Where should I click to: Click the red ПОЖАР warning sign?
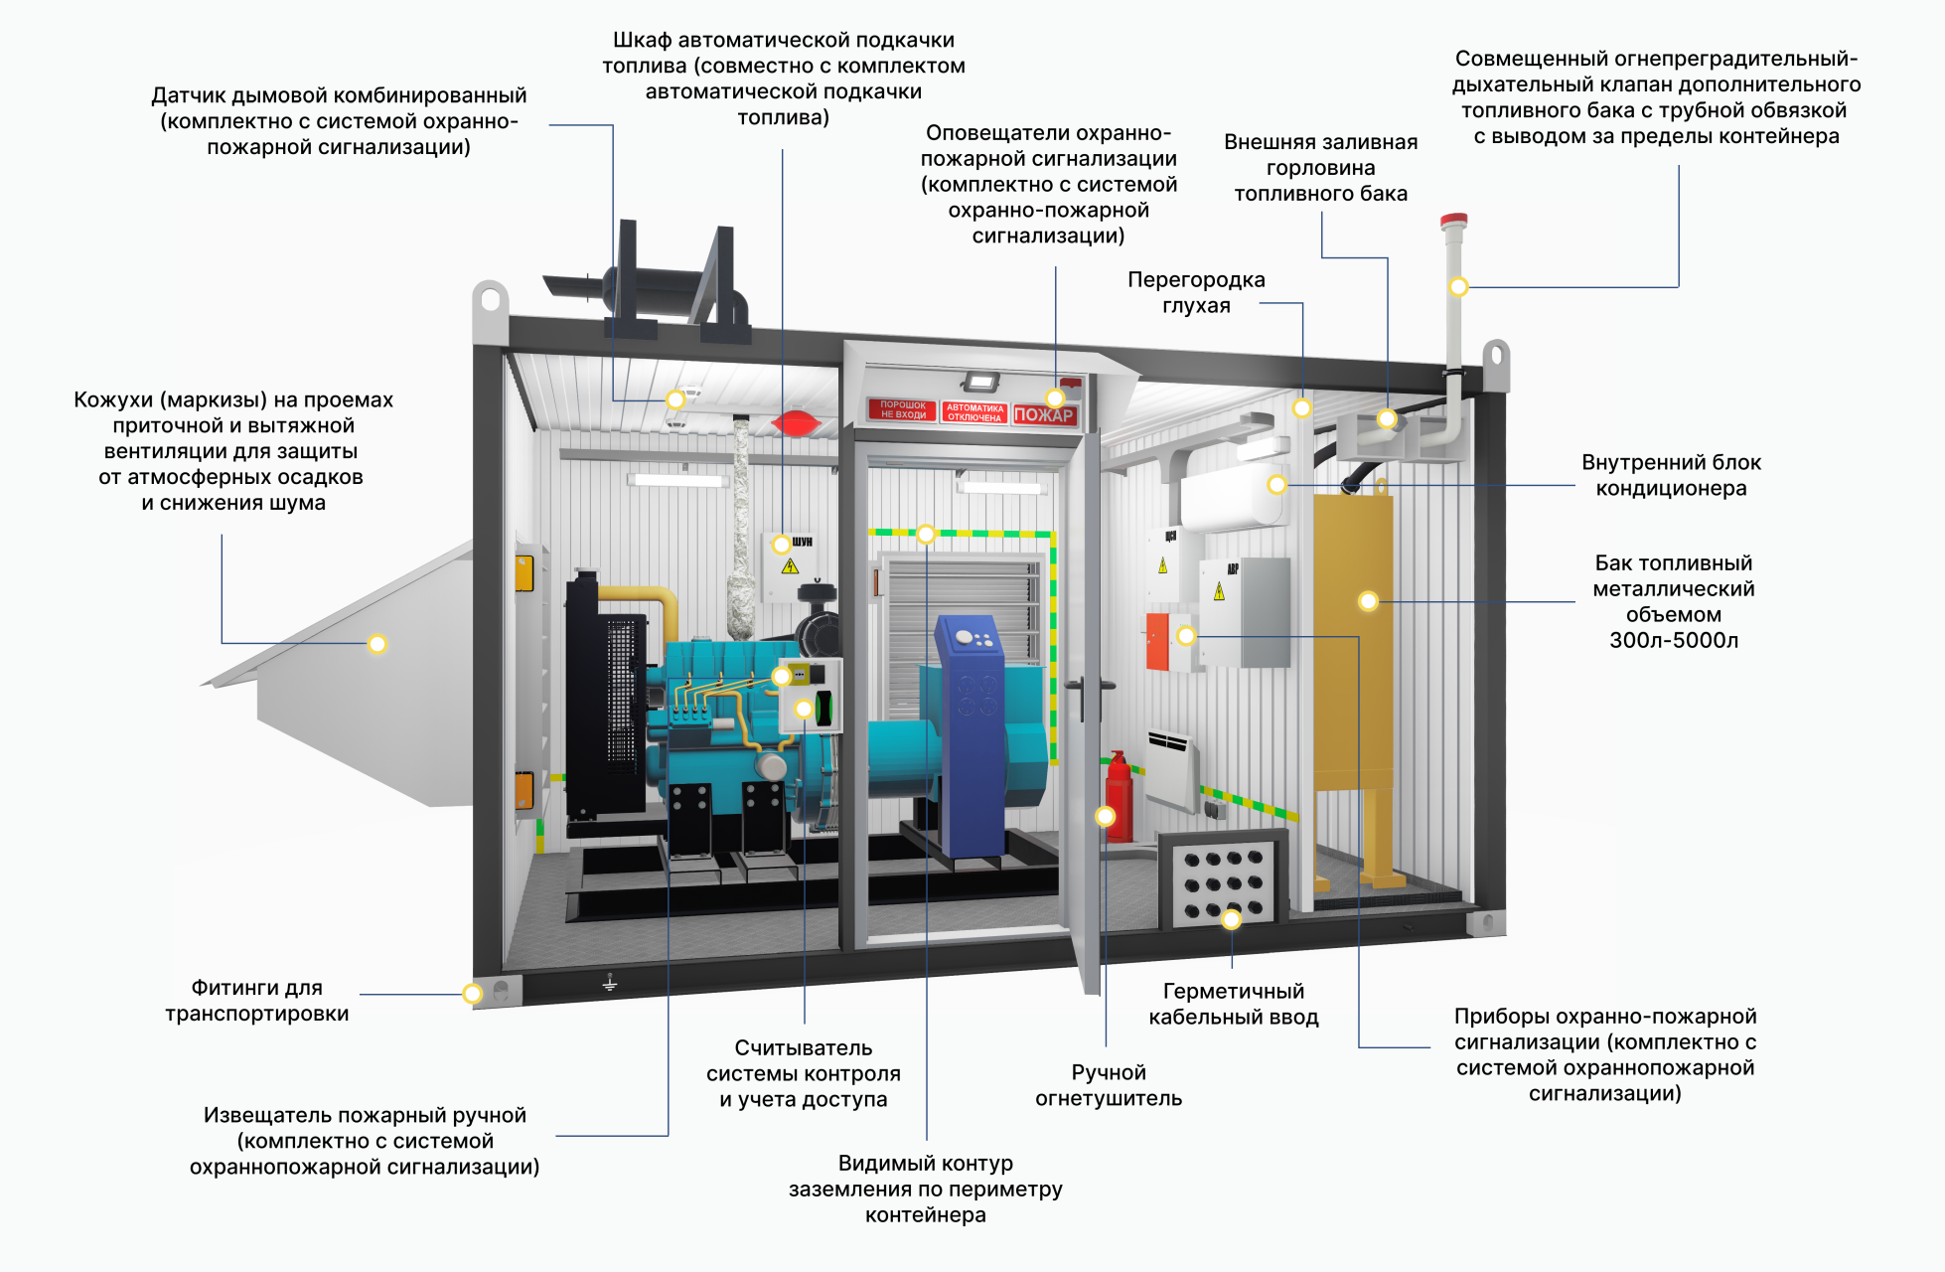pos(1044,414)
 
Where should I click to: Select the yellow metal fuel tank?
pos(1353,646)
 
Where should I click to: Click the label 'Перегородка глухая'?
pos(1196,293)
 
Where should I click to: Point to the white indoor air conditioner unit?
pos(1233,498)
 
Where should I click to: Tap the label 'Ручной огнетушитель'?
pos(1109,1085)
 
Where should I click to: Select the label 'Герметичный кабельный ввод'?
pos(1234,1004)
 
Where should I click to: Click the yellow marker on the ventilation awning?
pos(377,644)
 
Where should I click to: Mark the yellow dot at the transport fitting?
pos(473,994)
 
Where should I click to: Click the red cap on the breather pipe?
pos(1453,220)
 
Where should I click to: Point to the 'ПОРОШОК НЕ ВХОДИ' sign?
pos(903,409)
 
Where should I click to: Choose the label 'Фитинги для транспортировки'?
pos(257,1001)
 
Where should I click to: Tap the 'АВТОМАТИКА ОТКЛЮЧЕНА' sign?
pos(974,412)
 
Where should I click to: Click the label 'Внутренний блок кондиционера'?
pos(1672,475)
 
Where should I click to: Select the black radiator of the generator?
pos(606,696)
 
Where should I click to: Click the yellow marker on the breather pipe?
pos(1458,287)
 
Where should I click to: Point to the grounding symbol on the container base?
pos(610,982)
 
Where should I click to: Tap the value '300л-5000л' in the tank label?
pos(1674,640)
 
